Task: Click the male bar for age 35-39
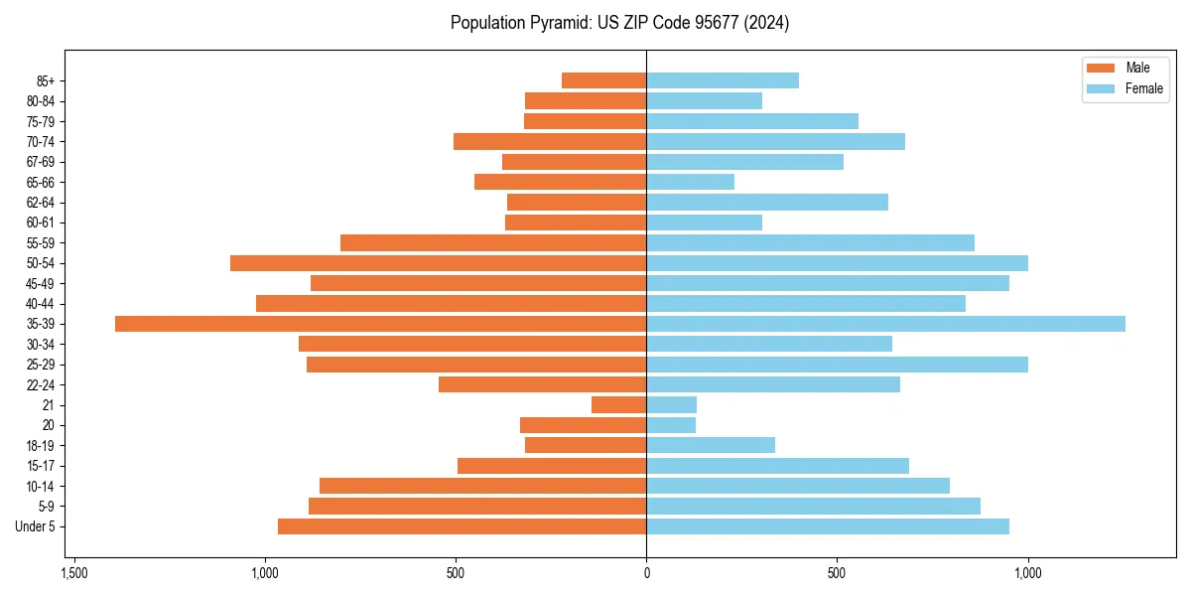(380, 324)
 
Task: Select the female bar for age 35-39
(885, 324)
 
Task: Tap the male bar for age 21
(618, 405)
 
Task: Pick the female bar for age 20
(671, 425)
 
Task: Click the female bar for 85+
(723, 80)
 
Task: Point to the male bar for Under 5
(462, 526)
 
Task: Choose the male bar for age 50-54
(438, 263)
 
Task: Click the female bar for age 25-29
(837, 365)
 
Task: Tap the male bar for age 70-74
(550, 141)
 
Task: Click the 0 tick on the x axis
(646, 573)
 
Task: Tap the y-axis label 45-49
(41, 283)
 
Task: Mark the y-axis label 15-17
(41, 466)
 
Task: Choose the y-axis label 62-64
(41, 203)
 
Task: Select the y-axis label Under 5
(36, 526)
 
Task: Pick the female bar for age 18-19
(711, 445)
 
